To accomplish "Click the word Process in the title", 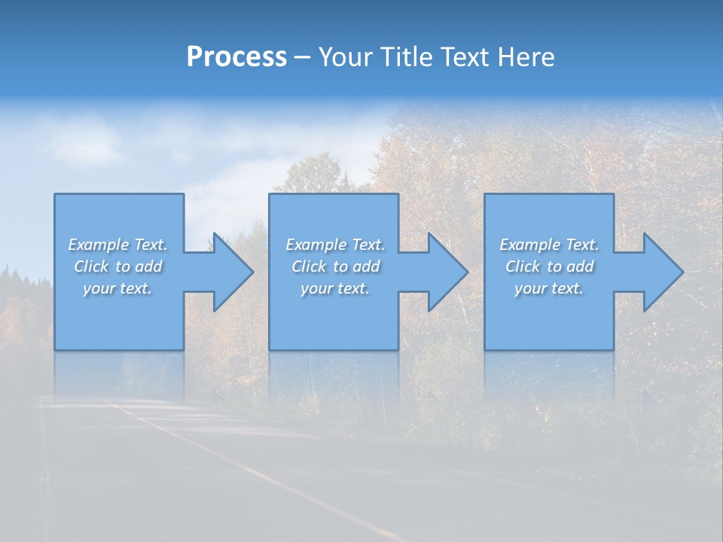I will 236,57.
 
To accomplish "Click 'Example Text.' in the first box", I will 117,245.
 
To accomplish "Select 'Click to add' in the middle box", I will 335,266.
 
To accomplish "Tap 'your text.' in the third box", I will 548,288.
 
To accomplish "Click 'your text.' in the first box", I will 117,288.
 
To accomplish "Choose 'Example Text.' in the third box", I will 549,245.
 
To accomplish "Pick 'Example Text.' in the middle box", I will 335,245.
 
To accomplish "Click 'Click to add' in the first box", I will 117,266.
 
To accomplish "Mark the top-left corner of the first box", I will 55,194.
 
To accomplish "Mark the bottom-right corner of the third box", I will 613,349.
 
